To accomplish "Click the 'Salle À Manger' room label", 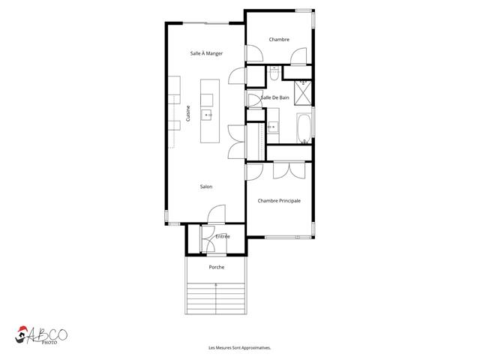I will click(205, 53).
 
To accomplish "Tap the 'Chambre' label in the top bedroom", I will click(279, 39).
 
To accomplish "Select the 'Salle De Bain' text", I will click(275, 97).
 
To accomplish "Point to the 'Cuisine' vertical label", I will click(188, 114).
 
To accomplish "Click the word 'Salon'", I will click(205, 187).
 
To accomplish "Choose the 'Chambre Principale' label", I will click(279, 200).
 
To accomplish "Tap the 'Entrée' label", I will click(222, 237).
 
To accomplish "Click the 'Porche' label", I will click(216, 267).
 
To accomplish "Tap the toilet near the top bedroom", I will click(275, 73).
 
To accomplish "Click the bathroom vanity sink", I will click(272, 127).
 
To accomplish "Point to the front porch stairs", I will click(216, 300).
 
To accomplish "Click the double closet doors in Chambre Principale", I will click(283, 171).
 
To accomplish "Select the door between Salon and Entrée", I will click(213, 217).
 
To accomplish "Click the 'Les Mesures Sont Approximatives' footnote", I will click(239, 348).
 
